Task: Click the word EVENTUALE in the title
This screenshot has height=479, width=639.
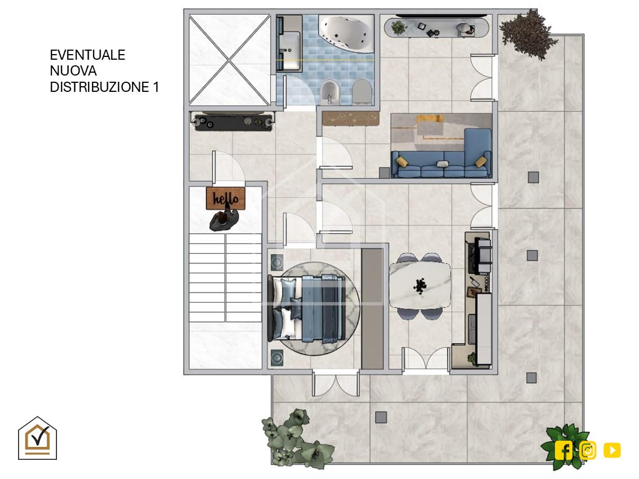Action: pos(87,55)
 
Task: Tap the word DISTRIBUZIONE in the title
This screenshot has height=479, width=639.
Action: pos(99,87)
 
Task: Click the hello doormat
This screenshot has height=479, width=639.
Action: pos(226,198)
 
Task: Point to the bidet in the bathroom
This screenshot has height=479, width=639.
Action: pos(329,92)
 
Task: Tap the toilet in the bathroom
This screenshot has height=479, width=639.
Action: pos(362,92)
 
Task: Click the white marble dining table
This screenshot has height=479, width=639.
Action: pos(420,285)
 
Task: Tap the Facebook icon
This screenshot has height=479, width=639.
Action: pos(563,450)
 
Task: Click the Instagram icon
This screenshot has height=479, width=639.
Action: pos(588,450)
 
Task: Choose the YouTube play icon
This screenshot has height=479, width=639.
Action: pos(612,450)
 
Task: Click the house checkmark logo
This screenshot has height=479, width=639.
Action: pos(37,438)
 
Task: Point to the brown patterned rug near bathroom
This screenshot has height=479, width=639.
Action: pos(350,118)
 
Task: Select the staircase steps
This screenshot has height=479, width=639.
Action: pos(226,278)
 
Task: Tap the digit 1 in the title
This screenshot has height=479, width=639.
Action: pos(156,87)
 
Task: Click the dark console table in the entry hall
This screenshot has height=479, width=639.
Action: pos(233,122)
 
